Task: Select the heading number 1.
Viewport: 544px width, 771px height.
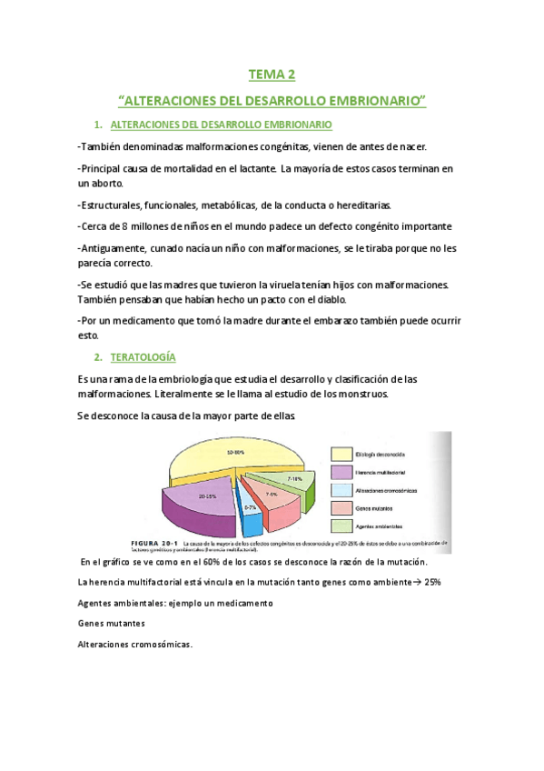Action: [x=97, y=124]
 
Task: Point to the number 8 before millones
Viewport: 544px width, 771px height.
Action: [x=150, y=226]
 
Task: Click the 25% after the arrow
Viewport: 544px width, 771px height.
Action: [x=430, y=582]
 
